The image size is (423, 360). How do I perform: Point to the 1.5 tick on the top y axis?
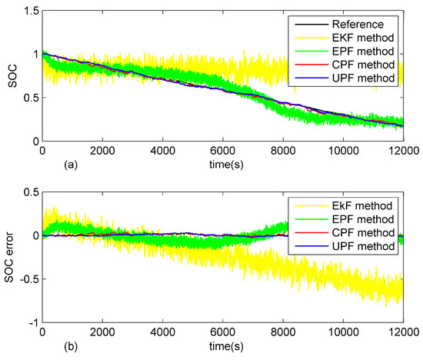coord(31,10)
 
